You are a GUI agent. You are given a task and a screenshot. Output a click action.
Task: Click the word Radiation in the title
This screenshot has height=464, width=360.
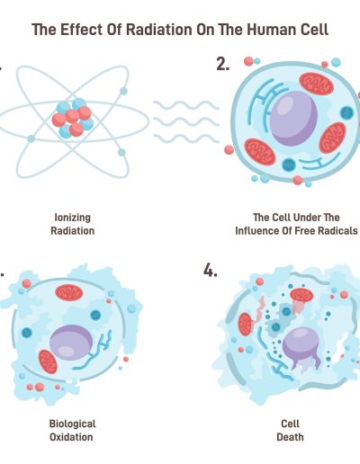tap(158, 30)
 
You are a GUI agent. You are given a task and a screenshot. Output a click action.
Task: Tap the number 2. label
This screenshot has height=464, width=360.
tap(223, 64)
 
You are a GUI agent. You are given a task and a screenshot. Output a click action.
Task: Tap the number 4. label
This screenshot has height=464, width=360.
tap(211, 271)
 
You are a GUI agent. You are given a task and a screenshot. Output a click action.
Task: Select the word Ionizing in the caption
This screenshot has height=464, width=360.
tap(72, 218)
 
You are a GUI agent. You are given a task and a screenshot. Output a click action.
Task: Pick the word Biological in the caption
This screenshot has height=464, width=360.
tap(72, 424)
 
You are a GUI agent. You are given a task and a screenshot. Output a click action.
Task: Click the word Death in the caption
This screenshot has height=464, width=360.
tap(290, 437)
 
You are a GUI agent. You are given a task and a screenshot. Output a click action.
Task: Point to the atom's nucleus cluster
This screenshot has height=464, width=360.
tap(73, 119)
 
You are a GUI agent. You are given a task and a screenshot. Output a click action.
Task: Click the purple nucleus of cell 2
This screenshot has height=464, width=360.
tap(293, 119)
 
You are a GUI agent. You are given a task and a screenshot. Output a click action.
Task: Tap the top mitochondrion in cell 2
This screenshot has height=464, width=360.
tap(317, 84)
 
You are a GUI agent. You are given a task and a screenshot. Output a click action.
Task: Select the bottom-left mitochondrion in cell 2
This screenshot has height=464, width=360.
tap(260, 152)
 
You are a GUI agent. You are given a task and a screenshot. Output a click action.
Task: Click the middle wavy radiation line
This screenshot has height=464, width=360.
tap(186, 121)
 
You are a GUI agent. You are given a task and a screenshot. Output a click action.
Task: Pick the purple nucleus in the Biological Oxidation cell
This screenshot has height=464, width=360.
tap(71, 343)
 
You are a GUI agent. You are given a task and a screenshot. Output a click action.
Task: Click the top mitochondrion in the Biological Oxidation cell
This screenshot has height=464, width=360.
tap(69, 293)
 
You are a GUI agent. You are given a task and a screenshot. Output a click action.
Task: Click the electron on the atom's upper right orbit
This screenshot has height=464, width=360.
tap(123, 91)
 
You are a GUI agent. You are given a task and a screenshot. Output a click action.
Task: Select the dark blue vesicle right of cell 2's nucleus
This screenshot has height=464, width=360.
tap(346, 112)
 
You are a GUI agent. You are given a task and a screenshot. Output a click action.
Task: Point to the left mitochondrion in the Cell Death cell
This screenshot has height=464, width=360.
tap(246, 324)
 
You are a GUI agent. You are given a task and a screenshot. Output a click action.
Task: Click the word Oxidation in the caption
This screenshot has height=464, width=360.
tap(71, 437)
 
